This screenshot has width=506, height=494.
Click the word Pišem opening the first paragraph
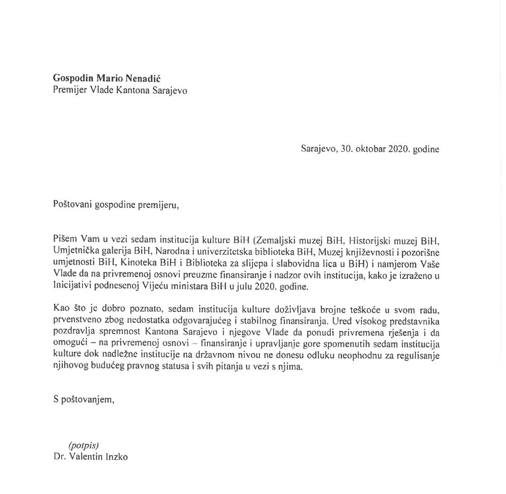tap(64, 238)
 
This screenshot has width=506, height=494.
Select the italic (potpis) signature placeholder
tap(83, 445)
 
